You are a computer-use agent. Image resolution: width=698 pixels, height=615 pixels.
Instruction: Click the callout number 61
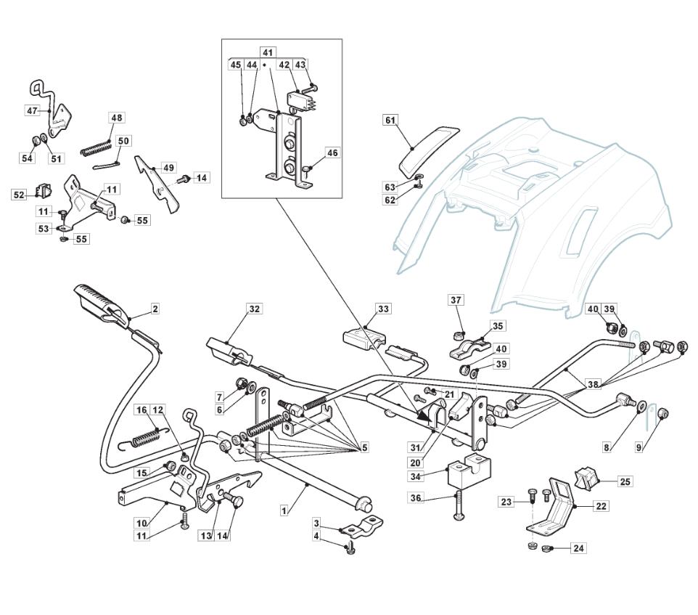[390, 121]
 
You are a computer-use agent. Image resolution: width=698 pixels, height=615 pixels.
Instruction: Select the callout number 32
[254, 309]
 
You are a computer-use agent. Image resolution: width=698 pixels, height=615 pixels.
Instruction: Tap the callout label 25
[625, 481]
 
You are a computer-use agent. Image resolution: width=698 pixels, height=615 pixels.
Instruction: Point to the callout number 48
[116, 118]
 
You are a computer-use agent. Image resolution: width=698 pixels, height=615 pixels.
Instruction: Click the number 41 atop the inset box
[268, 52]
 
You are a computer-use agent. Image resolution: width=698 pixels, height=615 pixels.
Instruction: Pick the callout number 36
[415, 497]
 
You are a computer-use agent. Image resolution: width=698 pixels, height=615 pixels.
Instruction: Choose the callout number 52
[19, 195]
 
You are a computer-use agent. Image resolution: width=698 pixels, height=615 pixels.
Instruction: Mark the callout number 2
[155, 309]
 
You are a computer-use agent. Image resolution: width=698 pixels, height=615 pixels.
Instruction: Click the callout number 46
[332, 152]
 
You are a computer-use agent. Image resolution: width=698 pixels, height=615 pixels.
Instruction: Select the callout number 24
[578, 547]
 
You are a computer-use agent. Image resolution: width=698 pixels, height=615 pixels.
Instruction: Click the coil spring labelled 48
[96, 148]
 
